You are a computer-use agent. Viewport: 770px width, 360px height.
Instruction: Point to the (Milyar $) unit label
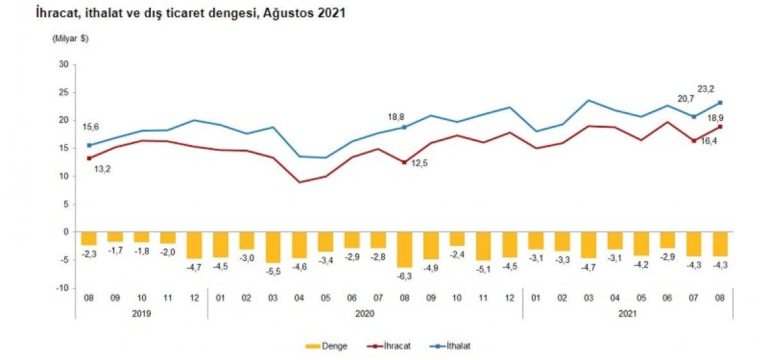pos(70,39)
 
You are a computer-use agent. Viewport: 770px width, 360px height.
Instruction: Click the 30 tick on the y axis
pos(64,64)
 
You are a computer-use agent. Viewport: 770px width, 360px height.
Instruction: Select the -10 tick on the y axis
pos(62,288)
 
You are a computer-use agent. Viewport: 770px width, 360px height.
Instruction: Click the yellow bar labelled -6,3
pos(404,250)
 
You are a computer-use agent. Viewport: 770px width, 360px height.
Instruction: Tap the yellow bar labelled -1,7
pos(116,237)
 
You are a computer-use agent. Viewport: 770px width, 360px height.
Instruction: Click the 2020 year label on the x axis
pos(364,314)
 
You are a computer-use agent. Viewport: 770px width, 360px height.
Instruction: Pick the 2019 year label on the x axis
pos(141,314)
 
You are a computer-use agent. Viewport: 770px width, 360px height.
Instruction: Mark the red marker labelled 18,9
pos(720,126)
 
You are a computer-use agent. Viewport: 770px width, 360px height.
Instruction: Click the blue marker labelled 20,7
pos(694,116)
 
